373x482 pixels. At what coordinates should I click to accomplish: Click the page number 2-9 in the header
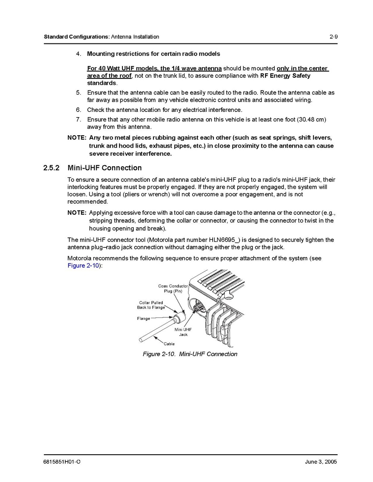(333, 37)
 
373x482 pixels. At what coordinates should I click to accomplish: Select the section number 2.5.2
(52, 168)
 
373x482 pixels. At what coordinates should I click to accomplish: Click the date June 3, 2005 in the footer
(321, 462)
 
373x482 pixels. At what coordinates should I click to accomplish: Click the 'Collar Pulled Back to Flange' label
(151, 305)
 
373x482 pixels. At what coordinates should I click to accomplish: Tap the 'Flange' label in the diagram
(143, 318)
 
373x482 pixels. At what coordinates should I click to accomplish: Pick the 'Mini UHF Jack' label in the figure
(183, 332)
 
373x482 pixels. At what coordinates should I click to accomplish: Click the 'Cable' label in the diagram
(169, 344)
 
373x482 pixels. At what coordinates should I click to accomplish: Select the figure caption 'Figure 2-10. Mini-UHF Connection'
(190, 354)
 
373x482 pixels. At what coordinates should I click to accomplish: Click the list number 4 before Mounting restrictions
(79, 54)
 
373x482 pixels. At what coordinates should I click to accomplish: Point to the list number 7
(79, 119)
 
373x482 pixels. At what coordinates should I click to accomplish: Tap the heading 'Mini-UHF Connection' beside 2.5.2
(105, 168)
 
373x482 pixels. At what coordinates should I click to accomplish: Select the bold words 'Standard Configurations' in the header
(76, 37)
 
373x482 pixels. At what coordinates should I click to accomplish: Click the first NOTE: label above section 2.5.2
(77, 137)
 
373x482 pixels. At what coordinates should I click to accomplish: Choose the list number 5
(79, 93)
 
